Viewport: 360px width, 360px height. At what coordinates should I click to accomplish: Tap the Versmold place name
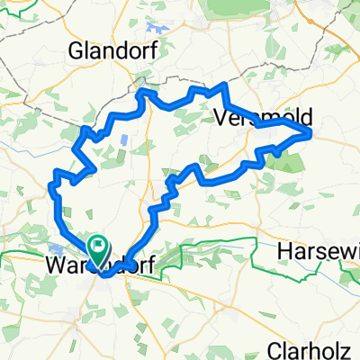(x=251, y=118)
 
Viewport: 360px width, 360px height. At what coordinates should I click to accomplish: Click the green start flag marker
(x=97, y=245)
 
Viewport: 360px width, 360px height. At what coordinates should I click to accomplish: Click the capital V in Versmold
(x=222, y=118)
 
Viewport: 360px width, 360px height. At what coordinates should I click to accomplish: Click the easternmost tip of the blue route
(x=311, y=133)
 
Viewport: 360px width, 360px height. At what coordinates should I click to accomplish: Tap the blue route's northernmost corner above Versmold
(x=223, y=85)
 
